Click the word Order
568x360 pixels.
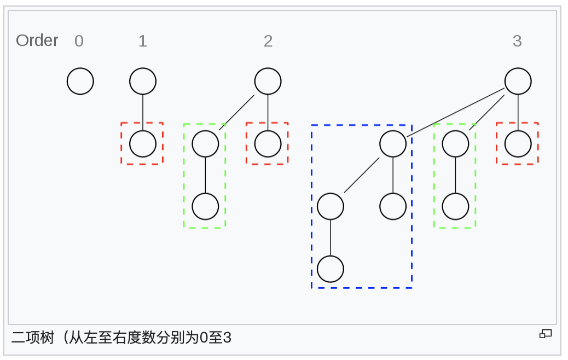coord(37,40)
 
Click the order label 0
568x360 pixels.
coord(79,41)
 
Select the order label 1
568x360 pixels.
coord(143,41)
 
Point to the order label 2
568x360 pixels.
coord(268,41)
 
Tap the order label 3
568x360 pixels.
coord(517,41)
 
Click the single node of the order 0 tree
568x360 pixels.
coord(80,82)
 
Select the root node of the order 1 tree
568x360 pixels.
coord(143,82)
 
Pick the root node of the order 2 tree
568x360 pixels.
coord(268,82)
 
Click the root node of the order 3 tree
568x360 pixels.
coord(518,82)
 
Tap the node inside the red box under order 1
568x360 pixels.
coord(143,144)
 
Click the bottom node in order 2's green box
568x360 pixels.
coord(205,206)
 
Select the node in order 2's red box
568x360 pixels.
coord(268,144)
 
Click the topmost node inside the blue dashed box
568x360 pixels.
coord(393,144)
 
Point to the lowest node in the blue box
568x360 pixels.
coord(331,269)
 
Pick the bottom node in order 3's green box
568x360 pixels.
coord(455,206)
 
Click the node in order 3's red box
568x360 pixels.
coord(518,144)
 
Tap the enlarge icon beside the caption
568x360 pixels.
coord(546,334)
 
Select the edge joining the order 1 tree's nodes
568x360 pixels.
coord(143,113)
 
